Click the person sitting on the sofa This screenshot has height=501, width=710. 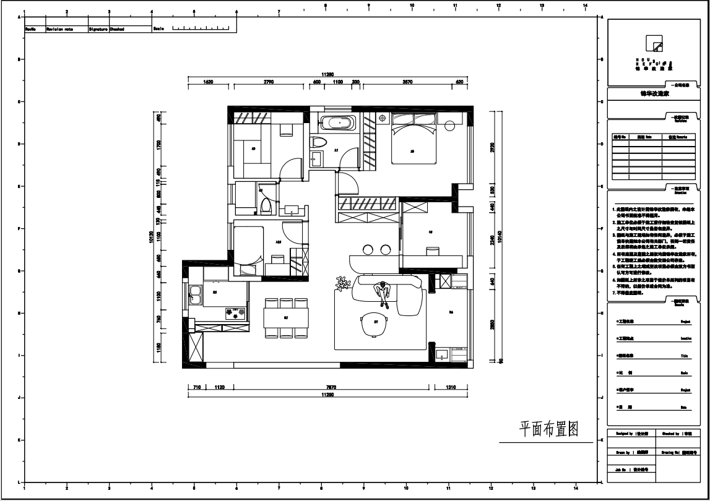383,294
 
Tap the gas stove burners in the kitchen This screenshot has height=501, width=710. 233,314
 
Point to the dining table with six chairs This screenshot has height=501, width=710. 286,318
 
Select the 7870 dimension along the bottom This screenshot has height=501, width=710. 331,388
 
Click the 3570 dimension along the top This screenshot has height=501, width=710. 407,82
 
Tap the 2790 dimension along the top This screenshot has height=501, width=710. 269,82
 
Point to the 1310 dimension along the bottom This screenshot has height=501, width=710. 451,388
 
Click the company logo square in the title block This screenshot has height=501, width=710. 654,43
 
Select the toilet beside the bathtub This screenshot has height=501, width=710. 318,144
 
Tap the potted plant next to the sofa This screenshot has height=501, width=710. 341,284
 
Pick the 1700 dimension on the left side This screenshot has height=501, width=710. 159,145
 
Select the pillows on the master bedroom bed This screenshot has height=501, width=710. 413,119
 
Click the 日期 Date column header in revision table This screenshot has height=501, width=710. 645,137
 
